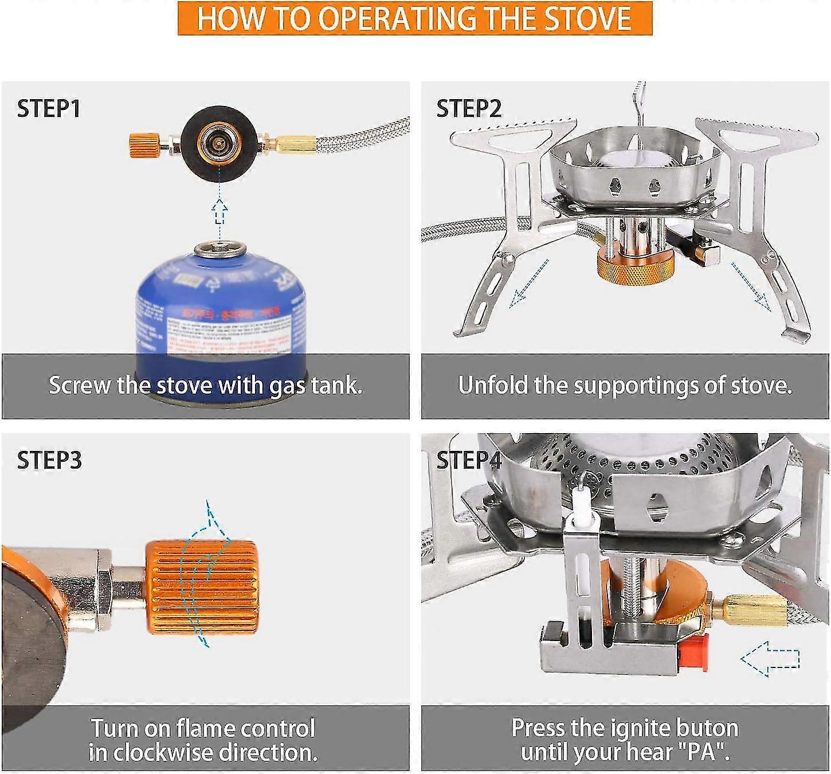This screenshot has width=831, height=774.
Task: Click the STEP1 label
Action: tap(49, 108)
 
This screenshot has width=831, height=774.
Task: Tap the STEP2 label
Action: tap(469, 108)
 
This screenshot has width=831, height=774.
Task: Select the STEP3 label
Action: tap(49, 460)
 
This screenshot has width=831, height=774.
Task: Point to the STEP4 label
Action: tap(469, 460)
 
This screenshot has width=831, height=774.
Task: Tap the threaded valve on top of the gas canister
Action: tap(220, 250)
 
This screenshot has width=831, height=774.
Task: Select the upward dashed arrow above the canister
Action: tap(219, 211)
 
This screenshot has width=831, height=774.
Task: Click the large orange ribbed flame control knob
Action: tap(201, 587)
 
